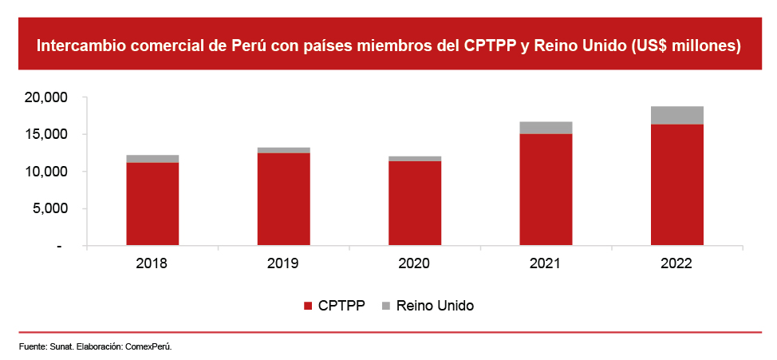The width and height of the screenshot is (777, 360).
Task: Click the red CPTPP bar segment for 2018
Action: tap(152, 204)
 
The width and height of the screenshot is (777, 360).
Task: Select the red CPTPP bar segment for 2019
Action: tap(283, 199)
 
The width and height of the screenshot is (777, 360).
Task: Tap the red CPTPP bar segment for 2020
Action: tap(415, 203)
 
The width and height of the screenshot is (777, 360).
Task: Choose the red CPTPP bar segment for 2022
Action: tap(676, 184)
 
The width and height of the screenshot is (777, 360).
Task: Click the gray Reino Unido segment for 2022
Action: tap(676, 115)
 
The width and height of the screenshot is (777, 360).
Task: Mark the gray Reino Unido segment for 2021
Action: tap(546, 128)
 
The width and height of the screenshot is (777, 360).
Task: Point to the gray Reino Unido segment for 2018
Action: tap(152, 159)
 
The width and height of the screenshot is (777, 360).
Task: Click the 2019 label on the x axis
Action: tap(283, 263)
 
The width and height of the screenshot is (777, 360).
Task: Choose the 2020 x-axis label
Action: tap(415, 263)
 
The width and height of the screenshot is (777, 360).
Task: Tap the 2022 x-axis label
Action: tap(676, 263)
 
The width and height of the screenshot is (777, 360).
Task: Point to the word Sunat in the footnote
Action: tap(61, 346)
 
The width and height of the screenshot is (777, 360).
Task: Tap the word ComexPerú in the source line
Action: tap(148, 346)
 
